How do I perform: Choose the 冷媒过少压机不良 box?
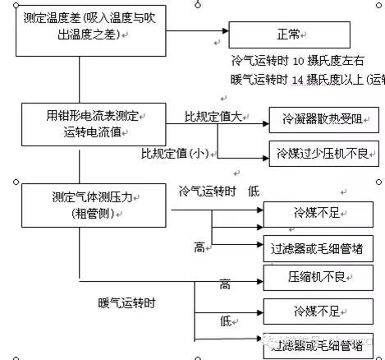(x=323, y=153)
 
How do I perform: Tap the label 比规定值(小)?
(x=175, y=153)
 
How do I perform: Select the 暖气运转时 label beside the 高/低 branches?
(x=126, y=302)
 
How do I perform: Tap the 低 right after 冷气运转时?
(x=254, y=191)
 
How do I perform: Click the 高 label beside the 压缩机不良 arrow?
(x=224, y=284)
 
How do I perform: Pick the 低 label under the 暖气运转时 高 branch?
(x=224, y=321)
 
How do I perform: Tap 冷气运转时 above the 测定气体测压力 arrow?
(x=208, y=191)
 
